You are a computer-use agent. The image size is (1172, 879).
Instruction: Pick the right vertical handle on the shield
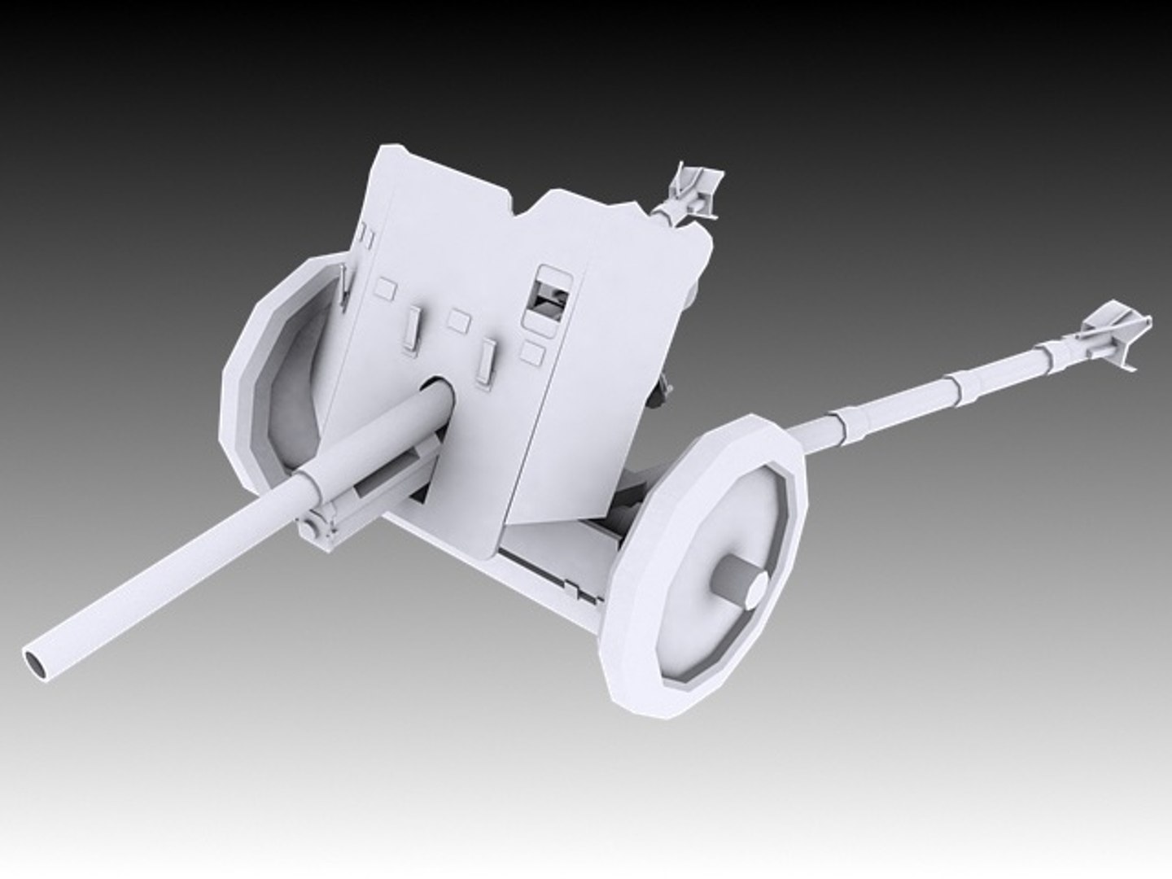[x=488, y=360]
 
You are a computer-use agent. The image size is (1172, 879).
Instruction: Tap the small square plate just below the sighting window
[x=532, y=352]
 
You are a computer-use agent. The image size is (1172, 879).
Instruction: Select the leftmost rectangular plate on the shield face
[x=386, y=287]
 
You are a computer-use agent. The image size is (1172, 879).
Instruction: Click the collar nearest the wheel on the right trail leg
[x=838, y=428]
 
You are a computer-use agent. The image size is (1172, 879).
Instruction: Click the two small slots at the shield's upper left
[x=365, y=237]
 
